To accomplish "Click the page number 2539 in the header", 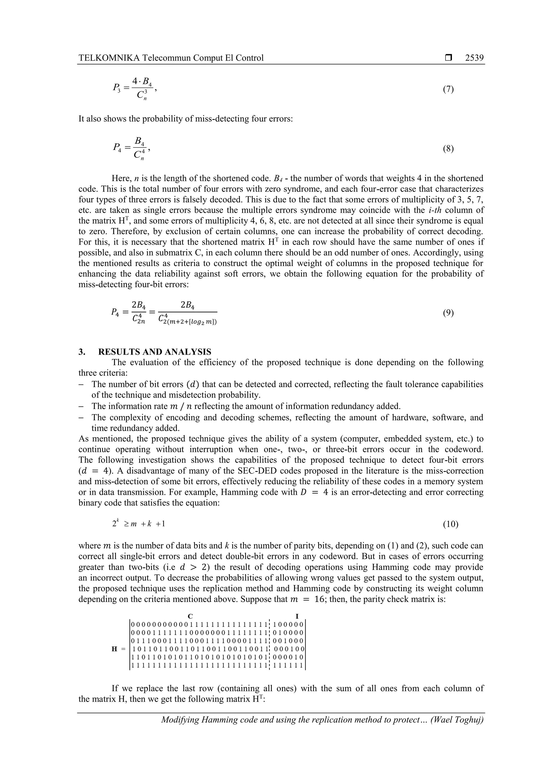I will [x=474, y=58].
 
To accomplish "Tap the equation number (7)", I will [x=448, y=89].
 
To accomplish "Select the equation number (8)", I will [x=448, y=149].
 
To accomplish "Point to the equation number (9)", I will [x=448, y=313].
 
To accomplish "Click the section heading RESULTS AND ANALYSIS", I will [x=155, y=352].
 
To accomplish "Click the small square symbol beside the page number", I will [x=448, y=58].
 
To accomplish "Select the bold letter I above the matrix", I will [x=297, y=616].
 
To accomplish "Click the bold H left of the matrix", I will [x=115, y=649].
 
